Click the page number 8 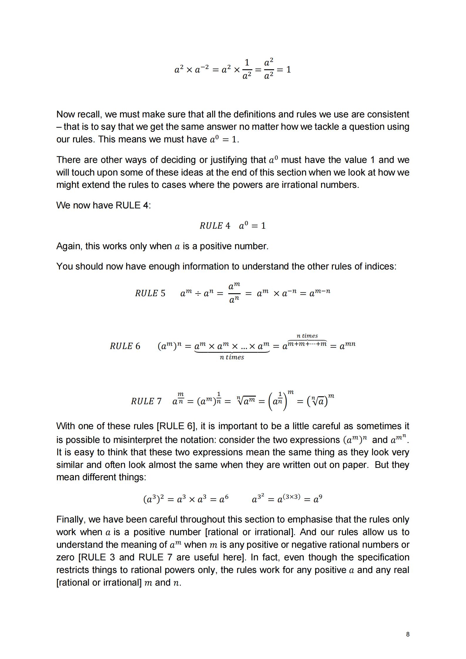tap(408, 634)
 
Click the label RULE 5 tap(150, 293)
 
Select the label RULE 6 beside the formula tap(125, 346)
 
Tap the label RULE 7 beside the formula tap(146, 401)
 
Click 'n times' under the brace tap(232, 357)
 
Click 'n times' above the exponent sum tap(307, 336)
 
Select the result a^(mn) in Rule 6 tap(347, 345)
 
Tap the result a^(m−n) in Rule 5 tap(320, 292)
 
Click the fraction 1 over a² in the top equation tap(247, 69)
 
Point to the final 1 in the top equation tap(288, 70)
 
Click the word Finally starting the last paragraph tap(70, 520)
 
